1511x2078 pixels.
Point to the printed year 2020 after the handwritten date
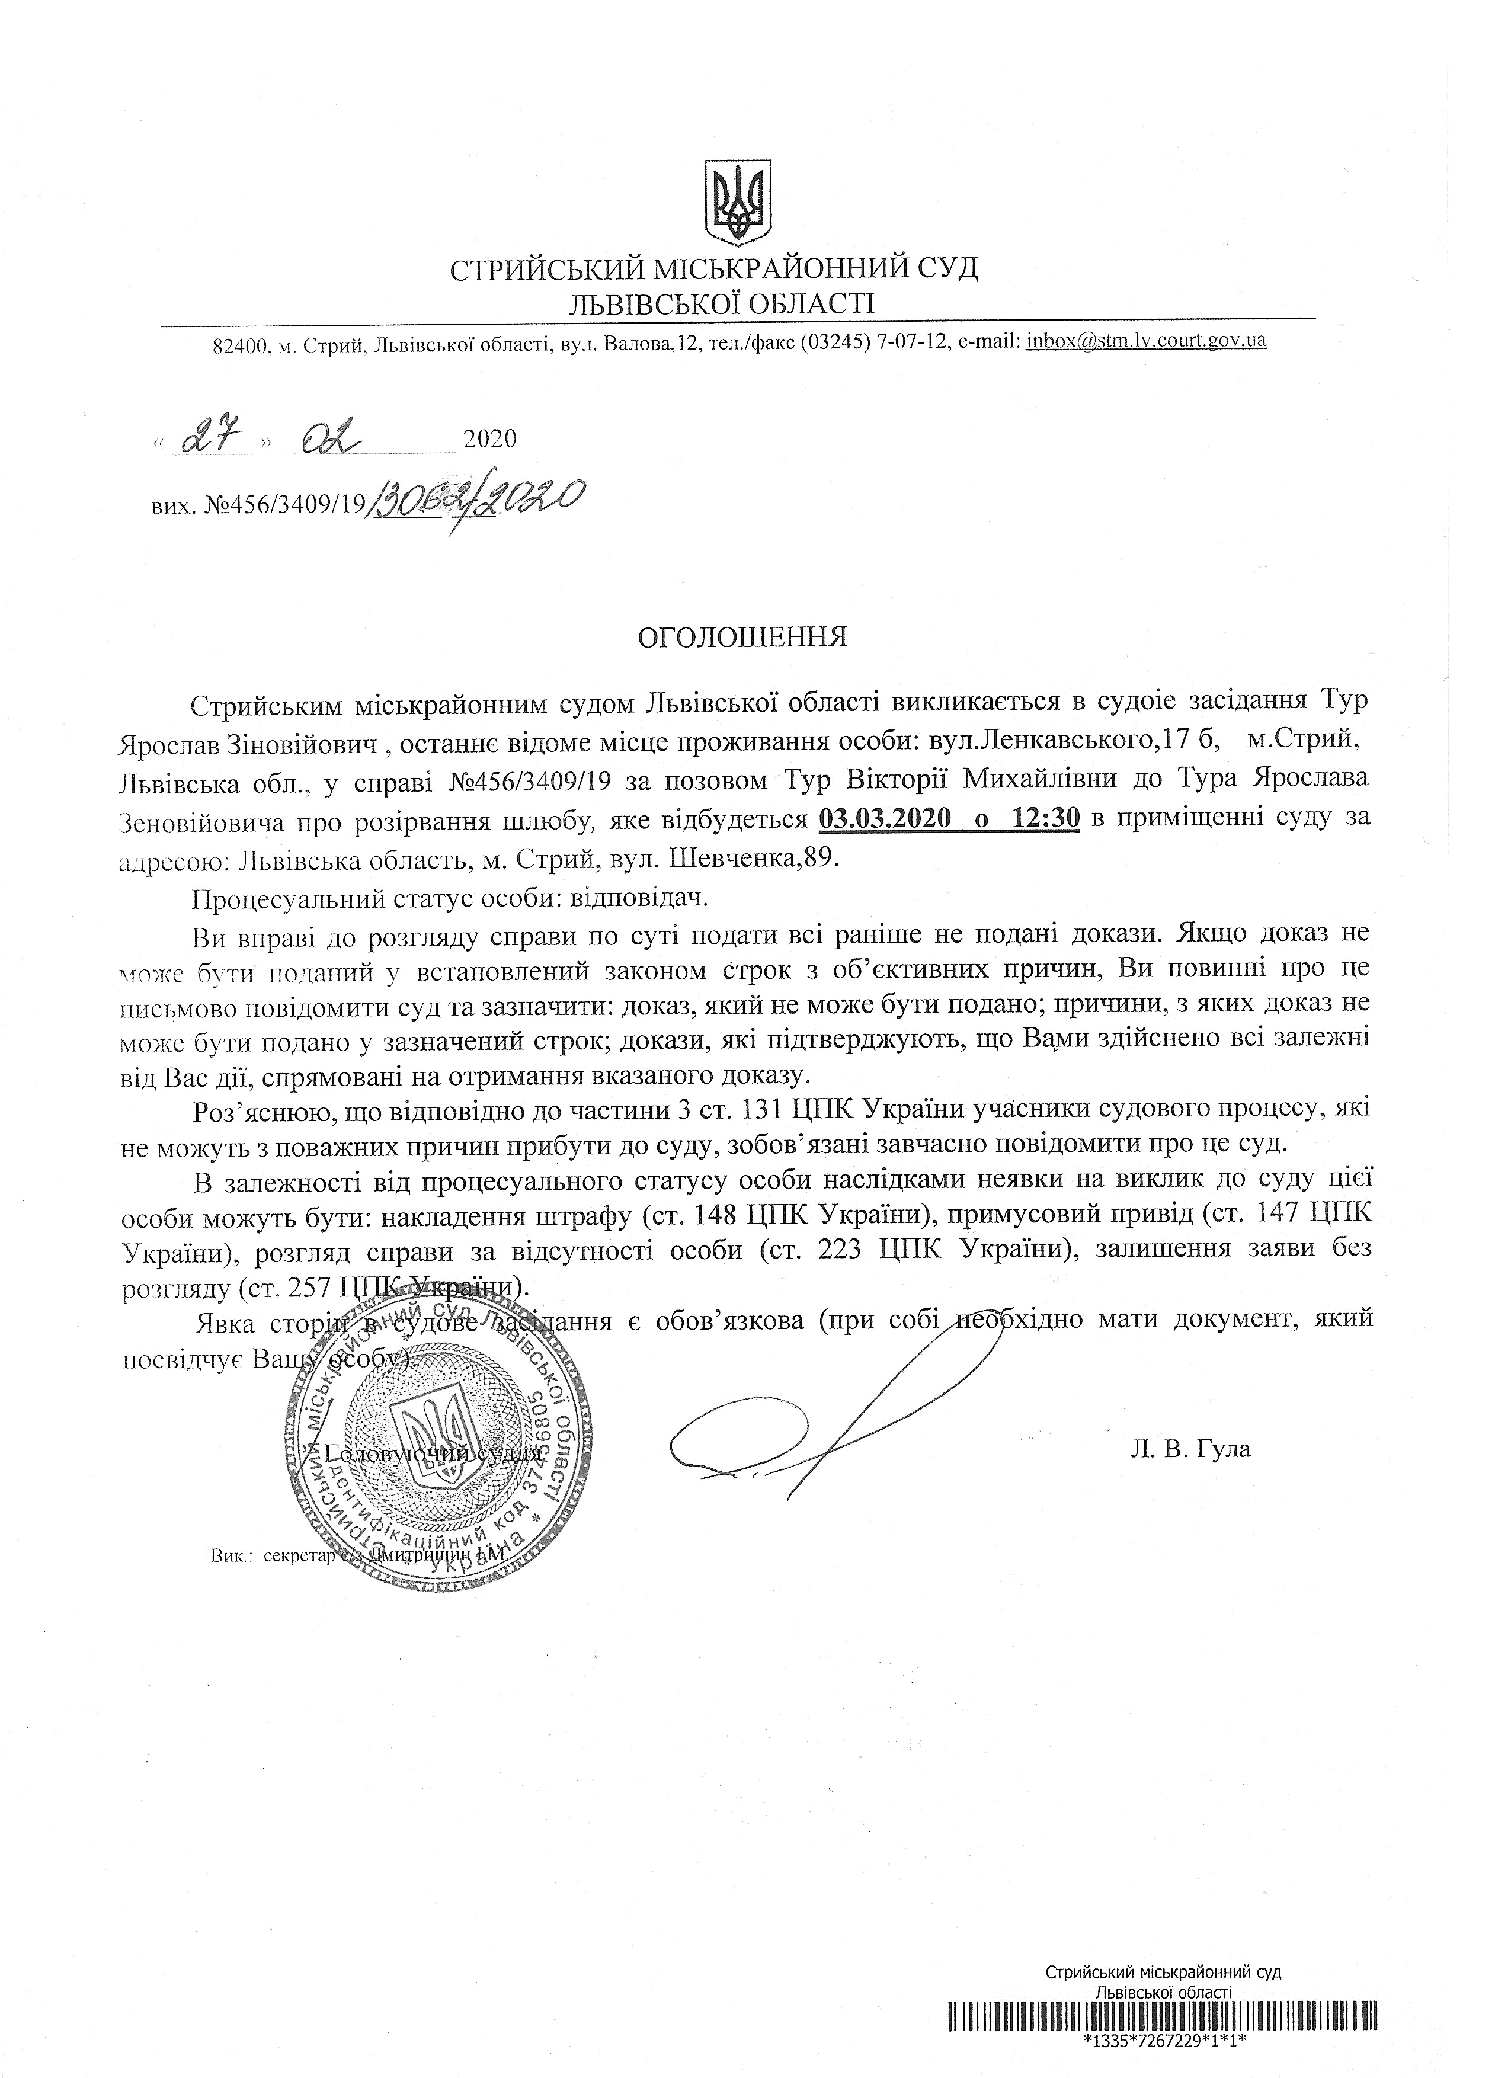[x=490, y=440]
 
